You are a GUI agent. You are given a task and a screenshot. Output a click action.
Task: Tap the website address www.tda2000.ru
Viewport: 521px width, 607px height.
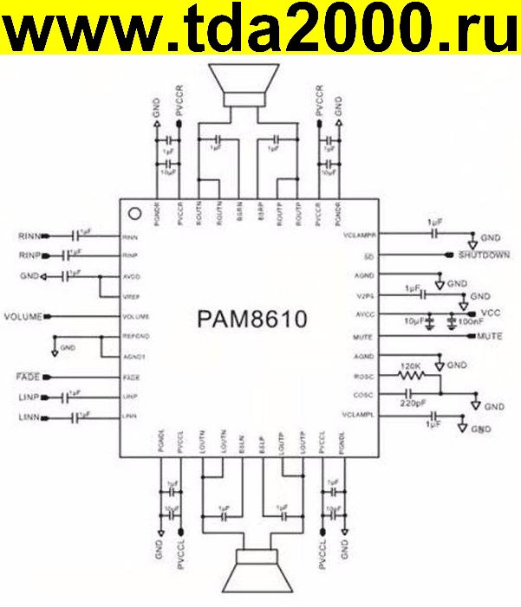coord(260,31)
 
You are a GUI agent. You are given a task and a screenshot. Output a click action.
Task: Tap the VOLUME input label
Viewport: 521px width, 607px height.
coord(23,317)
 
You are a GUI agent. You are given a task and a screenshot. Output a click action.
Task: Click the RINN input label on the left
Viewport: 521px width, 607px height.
coord(29,236)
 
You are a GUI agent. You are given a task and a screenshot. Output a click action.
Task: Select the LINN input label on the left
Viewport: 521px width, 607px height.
coord(29,418)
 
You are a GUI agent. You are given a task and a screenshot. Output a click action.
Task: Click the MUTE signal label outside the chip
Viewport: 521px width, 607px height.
coord(491,335)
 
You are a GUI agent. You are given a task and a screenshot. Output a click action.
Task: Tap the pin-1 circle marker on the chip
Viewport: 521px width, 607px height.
coord(134,213)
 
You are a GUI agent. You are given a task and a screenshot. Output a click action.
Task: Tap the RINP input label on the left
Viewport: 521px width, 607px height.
coord(29,255)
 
